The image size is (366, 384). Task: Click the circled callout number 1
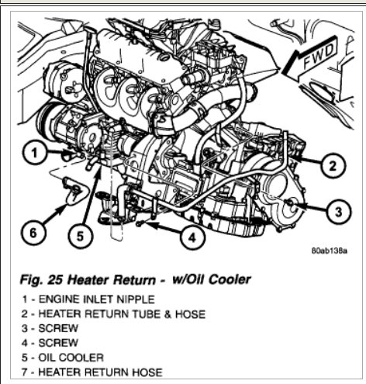(x=34, y=152)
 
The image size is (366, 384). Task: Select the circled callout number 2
(x=333, y=165)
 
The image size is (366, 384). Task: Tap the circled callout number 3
(x=338, y=212)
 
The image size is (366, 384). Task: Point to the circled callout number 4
(x=192, y=237)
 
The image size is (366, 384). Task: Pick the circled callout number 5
(x=80, y=236)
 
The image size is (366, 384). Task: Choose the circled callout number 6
(x=33, y=233)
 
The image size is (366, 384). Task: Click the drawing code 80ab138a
(x=329, y=251)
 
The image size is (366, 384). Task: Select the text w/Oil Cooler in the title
(x=212, y=279)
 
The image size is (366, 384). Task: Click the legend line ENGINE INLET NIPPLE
(x=88, y=299)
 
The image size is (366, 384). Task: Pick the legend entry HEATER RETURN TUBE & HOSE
(x=113, y=314)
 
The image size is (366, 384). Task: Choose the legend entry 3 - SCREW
(x=50, y=328)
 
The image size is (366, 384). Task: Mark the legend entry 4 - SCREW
(x=50, y=343)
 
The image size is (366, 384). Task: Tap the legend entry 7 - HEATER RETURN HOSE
(x=92, y=372)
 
